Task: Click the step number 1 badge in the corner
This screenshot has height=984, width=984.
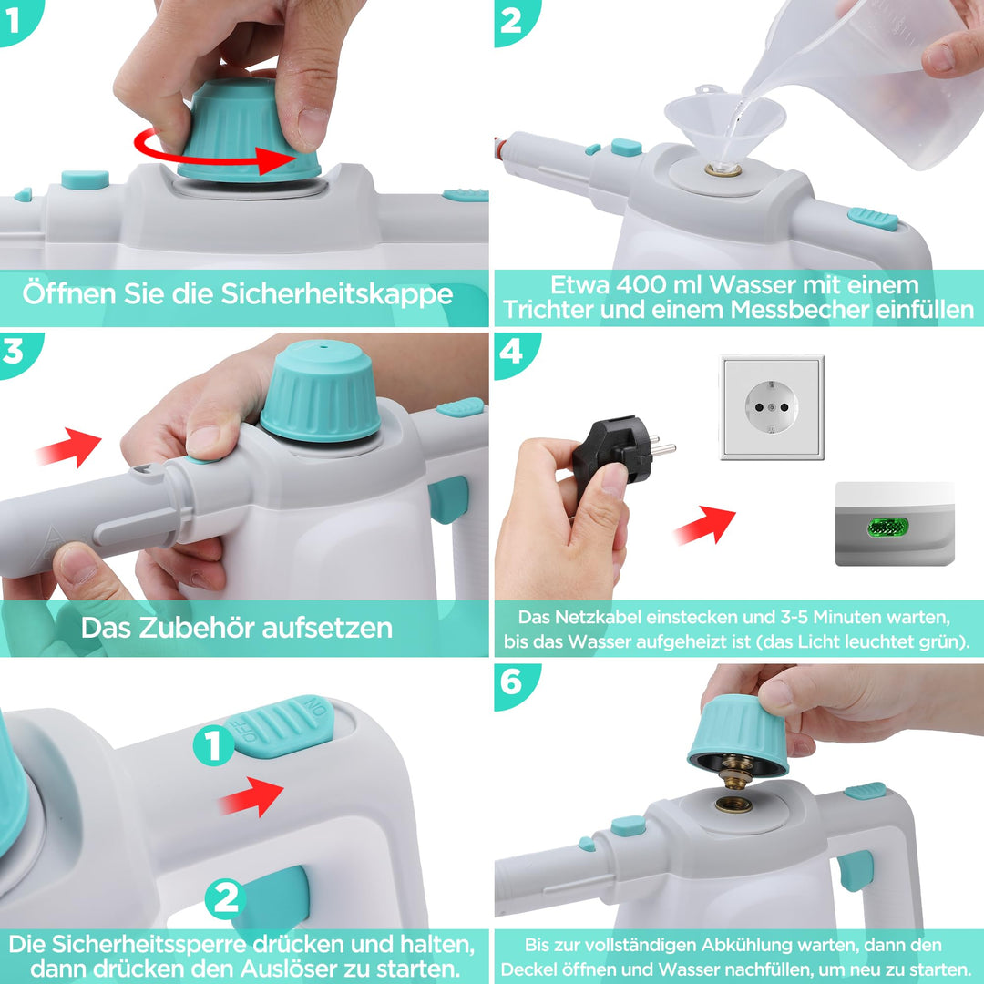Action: pyautogui.click(x=17, y=20)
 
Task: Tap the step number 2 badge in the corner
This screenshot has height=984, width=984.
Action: pyautogui.click(x=515, y=21)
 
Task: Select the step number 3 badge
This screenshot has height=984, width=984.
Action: pyautogui.click(x=17, y=353)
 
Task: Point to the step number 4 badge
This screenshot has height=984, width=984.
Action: pyautogui.click(x=515, y=353)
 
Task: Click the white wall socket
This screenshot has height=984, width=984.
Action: pyautogui.click(x=772, y=407)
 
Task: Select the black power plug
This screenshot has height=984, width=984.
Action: pyautogui.click(x=622, y=453)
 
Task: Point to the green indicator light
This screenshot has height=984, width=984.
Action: pyautogui.click(x=887, y=528)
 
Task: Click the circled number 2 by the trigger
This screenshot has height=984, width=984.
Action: pyautogui.click(x=225, y=899)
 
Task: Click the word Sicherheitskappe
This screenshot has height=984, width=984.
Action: pyautogui.click(x=337, y=294)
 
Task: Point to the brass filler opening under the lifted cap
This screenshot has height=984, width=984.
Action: pyautogui.click(x=733, y=804)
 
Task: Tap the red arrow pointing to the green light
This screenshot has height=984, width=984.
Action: pyautogui.click(x=705, y=526)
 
